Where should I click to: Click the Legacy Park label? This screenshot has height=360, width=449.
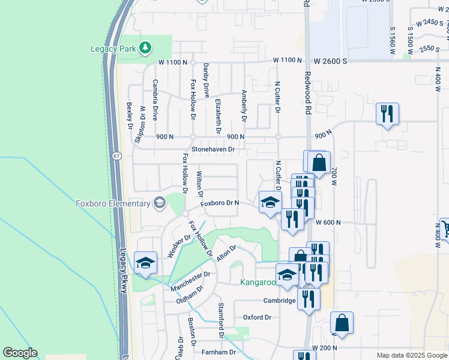(113, 48)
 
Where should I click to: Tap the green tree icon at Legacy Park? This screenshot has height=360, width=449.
(145, 47)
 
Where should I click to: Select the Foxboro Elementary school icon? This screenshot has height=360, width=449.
(159, 203)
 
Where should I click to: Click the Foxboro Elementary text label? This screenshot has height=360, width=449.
(113, 203)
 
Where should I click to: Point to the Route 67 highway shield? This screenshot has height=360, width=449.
(115, 156)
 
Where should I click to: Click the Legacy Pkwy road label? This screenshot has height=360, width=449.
(124, 270)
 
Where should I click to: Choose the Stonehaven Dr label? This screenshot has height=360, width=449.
(212, 148)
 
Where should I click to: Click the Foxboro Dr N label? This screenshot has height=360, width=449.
(220, 203)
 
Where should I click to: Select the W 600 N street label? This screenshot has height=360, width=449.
(328, 222)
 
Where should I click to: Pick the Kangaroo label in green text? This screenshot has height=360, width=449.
(258, 282)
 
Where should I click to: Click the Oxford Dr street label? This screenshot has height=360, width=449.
(257, 317)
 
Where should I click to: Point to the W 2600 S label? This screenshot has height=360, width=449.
(331, 60)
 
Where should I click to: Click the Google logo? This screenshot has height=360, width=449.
(20, 353)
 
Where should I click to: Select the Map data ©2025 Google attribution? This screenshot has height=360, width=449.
(411, 355)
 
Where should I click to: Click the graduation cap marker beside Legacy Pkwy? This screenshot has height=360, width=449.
(145, 263)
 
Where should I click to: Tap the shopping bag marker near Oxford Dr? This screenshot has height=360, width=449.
(342, 323)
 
